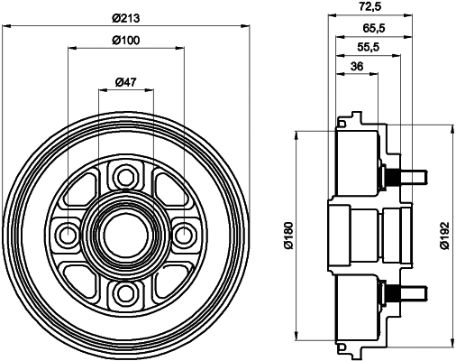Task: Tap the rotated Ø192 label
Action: coord(440,236)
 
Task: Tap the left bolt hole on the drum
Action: coord(67,235)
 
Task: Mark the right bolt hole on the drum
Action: coord(184,235)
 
